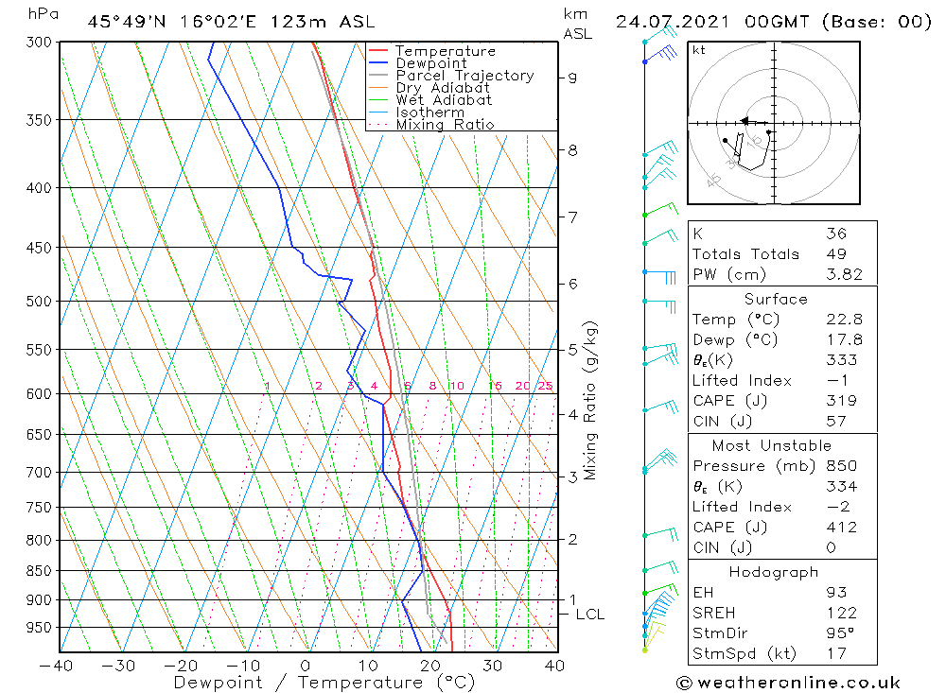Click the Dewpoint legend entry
pos(430,63)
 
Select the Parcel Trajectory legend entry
pos(464,76)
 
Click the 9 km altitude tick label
pos(572,78)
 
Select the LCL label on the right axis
pos(590,615)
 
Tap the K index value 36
pos(835,234)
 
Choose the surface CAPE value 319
pos(841,401)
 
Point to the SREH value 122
pos(841,614)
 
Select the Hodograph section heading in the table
pos(773,572)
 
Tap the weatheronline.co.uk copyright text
pos(788,683)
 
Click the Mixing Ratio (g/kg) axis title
pos(590,401)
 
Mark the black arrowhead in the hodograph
pos(745,121)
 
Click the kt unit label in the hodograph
pos(698,50)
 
